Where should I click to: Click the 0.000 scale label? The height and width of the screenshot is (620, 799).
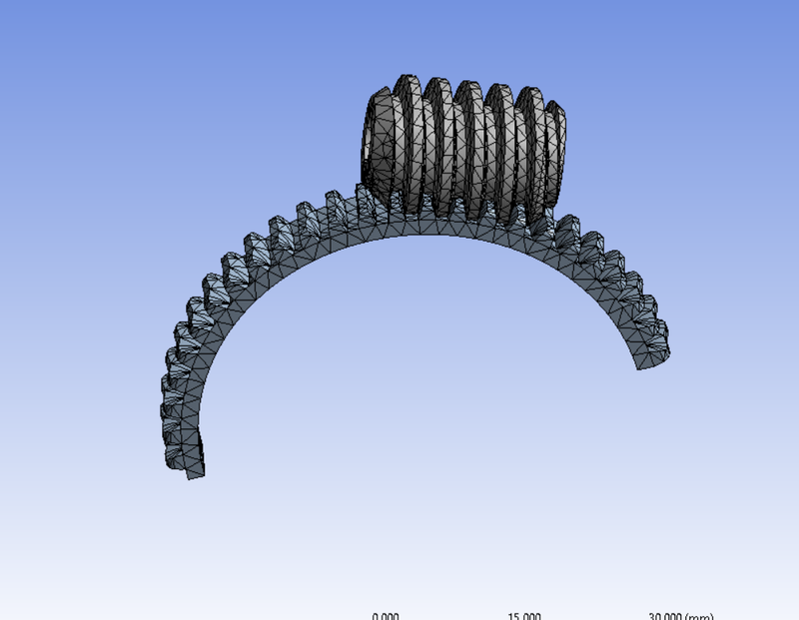[x=386, y=615]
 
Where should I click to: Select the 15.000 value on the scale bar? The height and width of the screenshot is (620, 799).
[x=524, y=615]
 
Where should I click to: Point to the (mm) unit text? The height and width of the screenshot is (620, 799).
[x=701, y=615]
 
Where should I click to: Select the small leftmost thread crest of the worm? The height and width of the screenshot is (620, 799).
[x=384, y=140]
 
